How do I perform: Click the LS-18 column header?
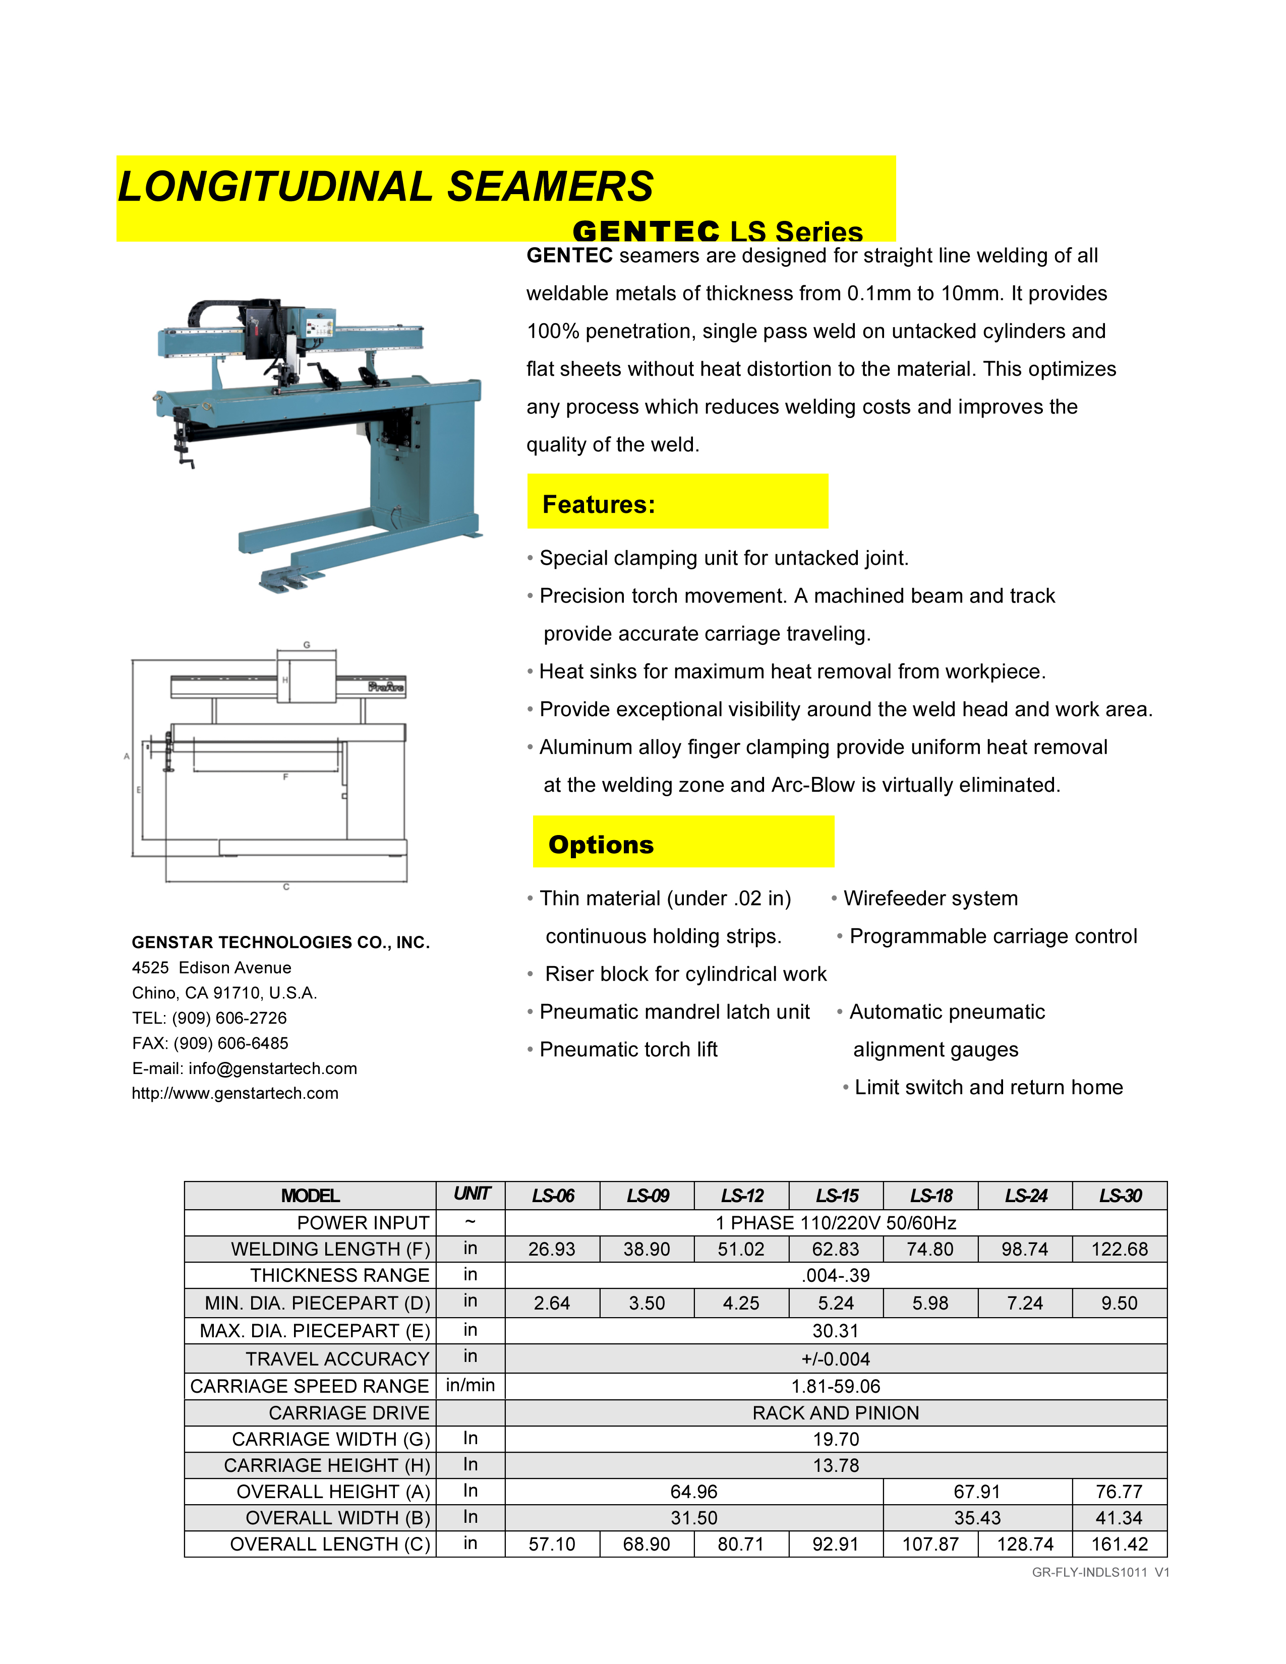[x=930, y=1196]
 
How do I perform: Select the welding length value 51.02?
[x=741, y=1249]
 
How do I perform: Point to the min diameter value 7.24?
[x=1025, y=1303]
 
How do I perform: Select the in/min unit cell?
[x=470, y=1385]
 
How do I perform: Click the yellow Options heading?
[x=601, y=844]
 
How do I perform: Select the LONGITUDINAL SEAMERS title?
[x=385, y=187]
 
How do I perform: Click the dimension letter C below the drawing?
[x=286, y=887]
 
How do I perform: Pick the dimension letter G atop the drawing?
[x=307, y=644]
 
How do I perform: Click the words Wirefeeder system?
[x=930, y=898]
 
